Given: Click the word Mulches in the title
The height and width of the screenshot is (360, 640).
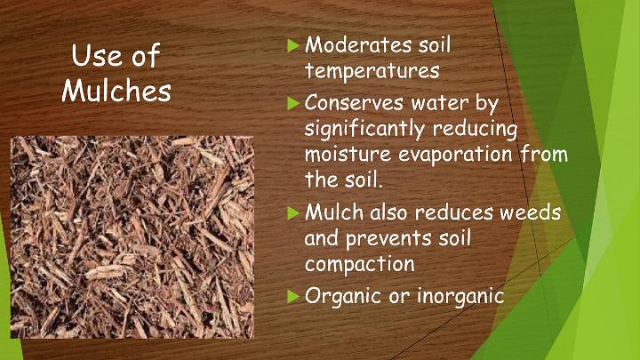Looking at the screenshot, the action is click(x=116, y=90).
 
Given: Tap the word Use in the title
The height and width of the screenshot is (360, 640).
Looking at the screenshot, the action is click(x=93, y=55).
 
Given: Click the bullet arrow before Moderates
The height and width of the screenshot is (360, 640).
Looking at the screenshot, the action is click(x=292, y=45).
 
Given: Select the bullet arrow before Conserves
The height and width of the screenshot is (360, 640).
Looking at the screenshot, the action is click(x=292, y=103).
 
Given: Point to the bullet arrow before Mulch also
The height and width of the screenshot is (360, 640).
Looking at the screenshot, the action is click(x=292, y=212).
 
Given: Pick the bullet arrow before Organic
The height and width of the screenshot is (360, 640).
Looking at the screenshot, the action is click(x=292, y=296).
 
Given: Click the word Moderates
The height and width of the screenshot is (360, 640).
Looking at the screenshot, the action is click(x=358, y=44).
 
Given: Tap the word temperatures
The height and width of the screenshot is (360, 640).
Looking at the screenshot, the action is click(x=372, y=70).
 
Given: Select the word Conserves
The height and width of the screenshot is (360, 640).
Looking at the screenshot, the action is click(x=355, y=102).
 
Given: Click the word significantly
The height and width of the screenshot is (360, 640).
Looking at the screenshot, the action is click(x=364, y=130).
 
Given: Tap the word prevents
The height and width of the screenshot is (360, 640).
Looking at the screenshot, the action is click(x=388, y=239).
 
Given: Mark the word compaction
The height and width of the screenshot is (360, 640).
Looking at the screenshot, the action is click(x=360, y=264).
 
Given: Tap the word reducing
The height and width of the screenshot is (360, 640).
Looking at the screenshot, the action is click(x=475, y=130).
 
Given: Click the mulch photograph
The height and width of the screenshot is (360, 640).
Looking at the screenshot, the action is click(x=132, y=237).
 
